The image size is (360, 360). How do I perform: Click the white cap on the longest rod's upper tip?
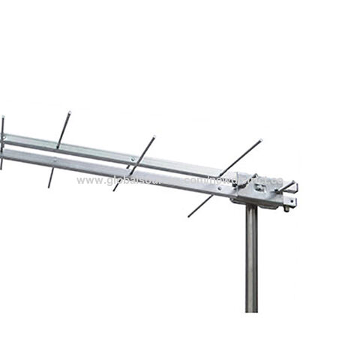point(260,140)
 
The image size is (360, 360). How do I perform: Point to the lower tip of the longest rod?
point(189,216)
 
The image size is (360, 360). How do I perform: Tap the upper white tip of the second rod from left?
point(69,112)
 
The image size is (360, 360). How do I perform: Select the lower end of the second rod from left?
point(49,186)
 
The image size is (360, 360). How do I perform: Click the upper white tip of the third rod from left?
point(154,137)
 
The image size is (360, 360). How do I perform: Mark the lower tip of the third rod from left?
point(114,190)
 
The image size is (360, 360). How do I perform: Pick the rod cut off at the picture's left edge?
point(2,142)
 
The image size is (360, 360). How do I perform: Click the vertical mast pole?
point(252,262)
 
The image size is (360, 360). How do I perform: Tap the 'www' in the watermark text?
point(88,181)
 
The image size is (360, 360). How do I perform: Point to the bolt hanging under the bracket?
point(286,207)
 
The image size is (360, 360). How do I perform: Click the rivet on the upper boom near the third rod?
point(133,158)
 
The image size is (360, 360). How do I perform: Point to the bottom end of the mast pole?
point(252,310)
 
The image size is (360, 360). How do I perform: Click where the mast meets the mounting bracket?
point(252,207)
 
